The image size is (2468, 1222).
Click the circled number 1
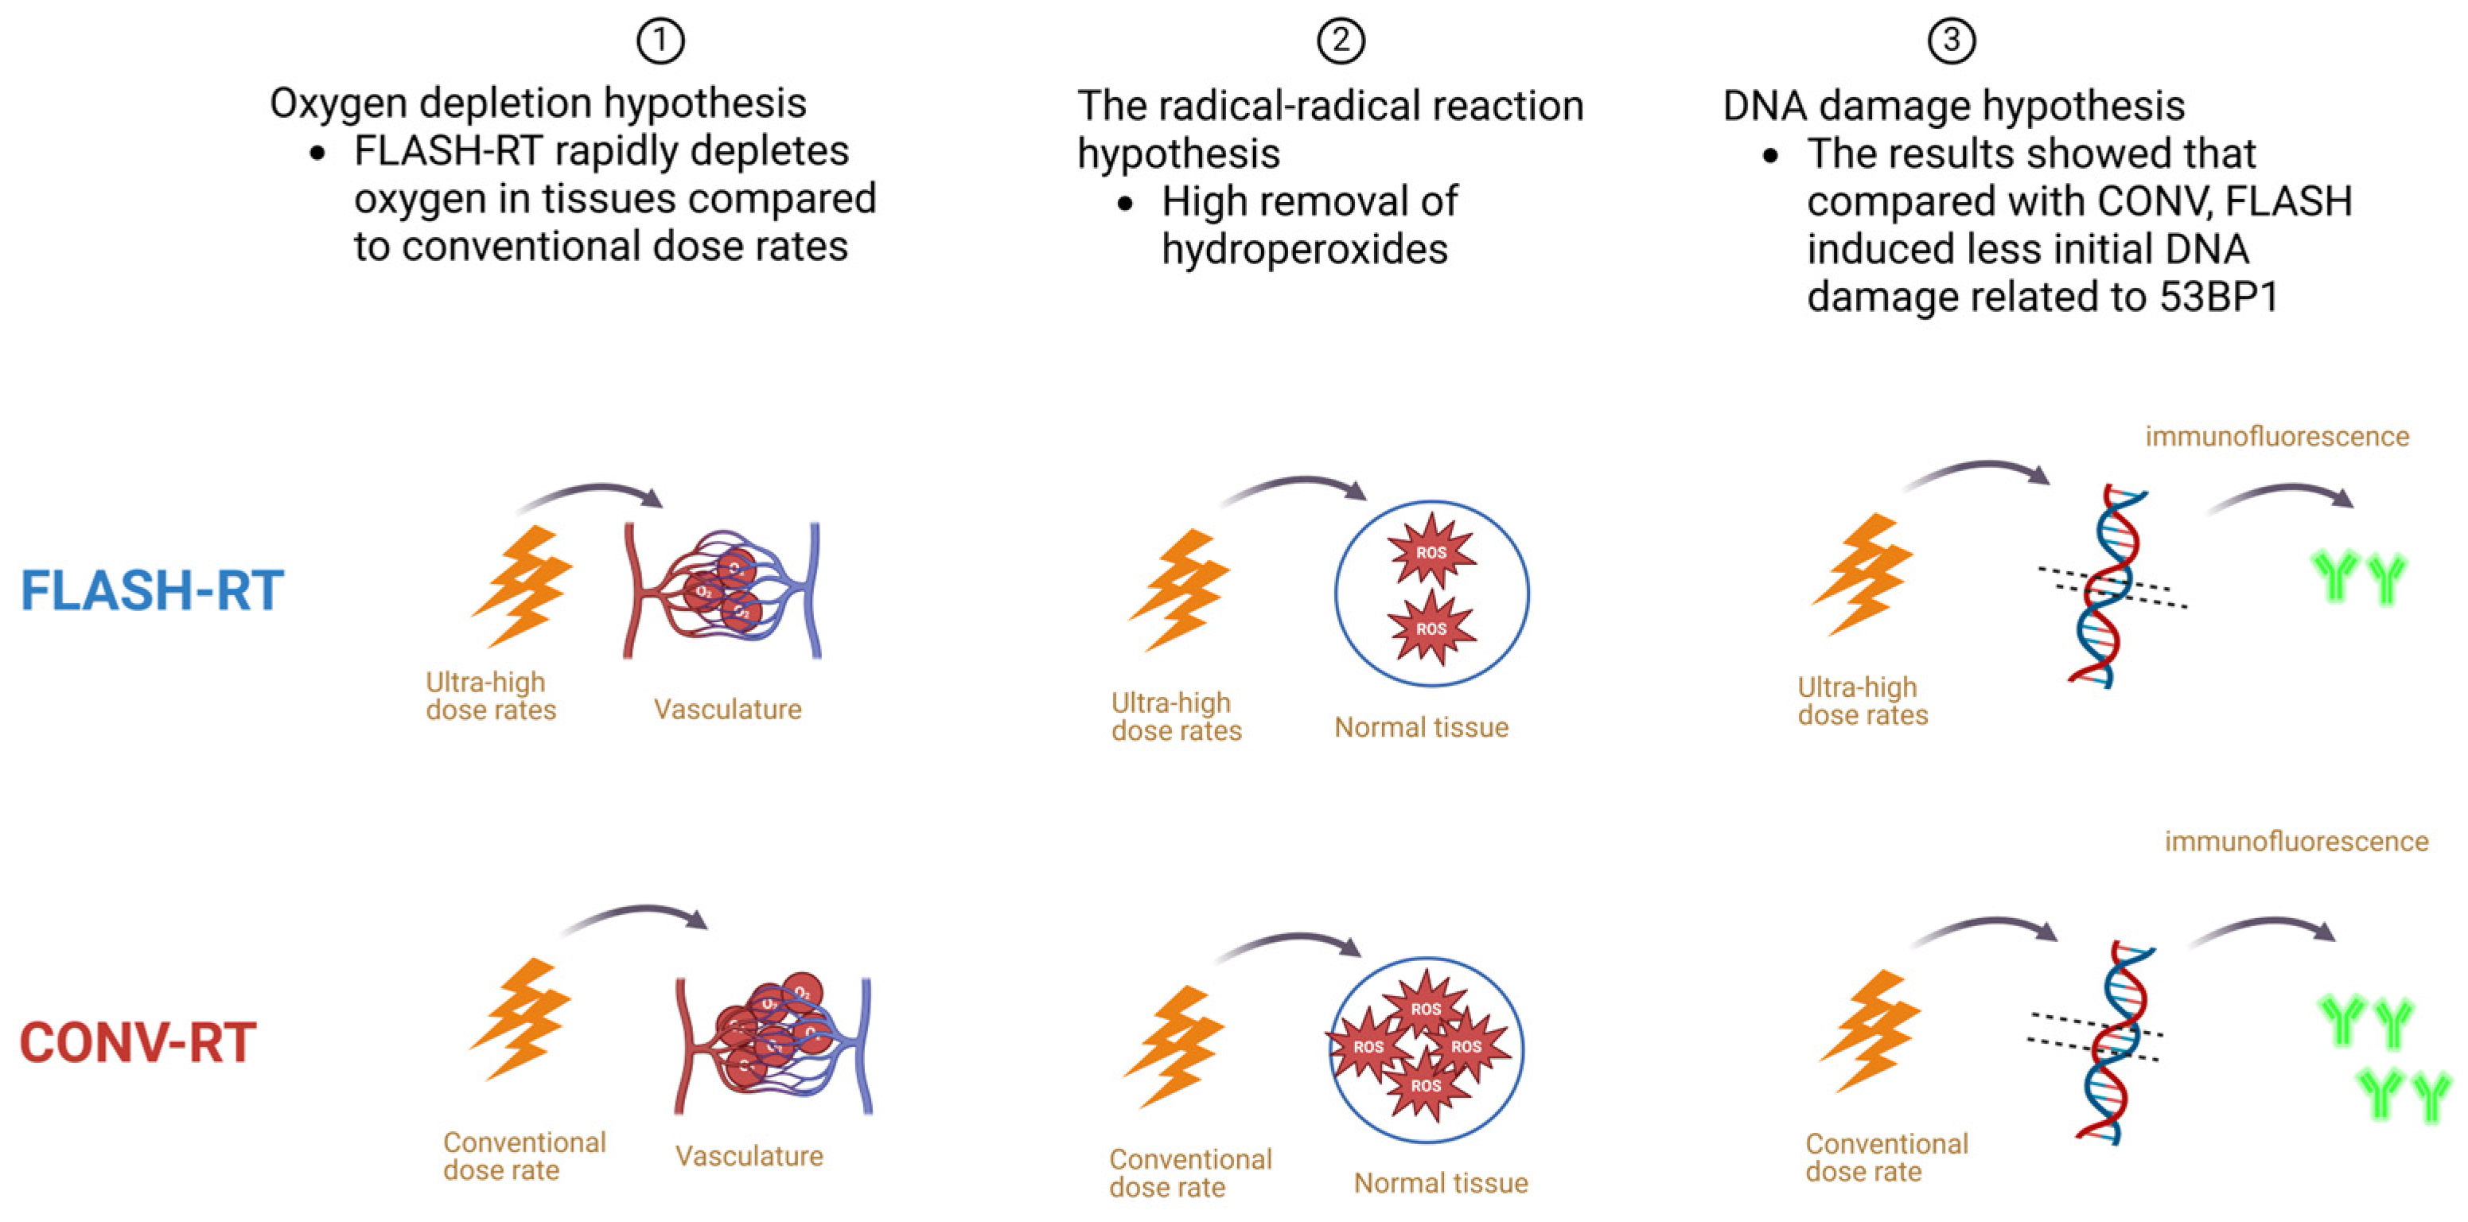pyautogui.click(x=660, y=41)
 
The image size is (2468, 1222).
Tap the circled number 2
pyautogui.click(x=1341, y=41)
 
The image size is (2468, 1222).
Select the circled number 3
pyautogui.click(x=1951, y=41)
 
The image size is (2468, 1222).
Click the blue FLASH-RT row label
pyautogui.click(x=152, y=590)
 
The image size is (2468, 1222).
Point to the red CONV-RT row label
pyautogui.click(x=138, y=1042)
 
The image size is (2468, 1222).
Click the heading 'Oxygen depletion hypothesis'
pyautogui.click(x=538, y=103)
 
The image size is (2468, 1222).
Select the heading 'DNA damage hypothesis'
pyautogui.click(x=1953, y=105)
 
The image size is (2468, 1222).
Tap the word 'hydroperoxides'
pyautogui.click(x=1304, y=249)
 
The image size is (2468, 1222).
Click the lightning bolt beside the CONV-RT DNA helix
pyautogui.click(x=1868, y=1030)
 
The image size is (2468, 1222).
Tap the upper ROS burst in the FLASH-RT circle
pyautogui.click(x=1431, y=551)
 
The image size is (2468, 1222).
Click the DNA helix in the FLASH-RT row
pyautogui.click(x=2108, y=586)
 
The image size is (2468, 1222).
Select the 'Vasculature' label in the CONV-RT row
pyautogui.click(x=748, y=1156)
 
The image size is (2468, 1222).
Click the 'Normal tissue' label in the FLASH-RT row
pyautogui.click(x=1421, y=727)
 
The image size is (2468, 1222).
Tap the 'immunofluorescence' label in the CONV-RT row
pyautogui.click(x=2295, y=841)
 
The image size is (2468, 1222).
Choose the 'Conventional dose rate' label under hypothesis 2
pyautogui.click(x=1190, y=1173)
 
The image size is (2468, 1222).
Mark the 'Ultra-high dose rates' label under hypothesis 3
pyautogui.click(x=1862, y=701)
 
